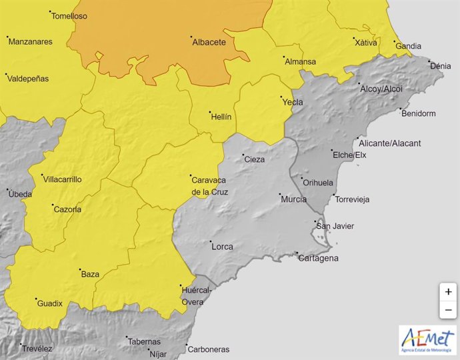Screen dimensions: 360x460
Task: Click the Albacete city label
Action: (209, 42)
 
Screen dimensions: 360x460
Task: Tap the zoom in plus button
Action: (449, 292)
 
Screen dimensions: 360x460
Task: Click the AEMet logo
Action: (427, 339)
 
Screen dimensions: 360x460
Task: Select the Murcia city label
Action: (293, 199)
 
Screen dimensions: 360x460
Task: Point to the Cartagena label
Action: (319, 258)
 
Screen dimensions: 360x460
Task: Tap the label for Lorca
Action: (222, 247)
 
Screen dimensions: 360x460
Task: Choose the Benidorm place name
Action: (418, 113)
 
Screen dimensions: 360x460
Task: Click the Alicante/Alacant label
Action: (389, 143)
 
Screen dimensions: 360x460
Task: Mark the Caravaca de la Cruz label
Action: (209, 187)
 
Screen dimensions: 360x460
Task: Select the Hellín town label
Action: (221, 117)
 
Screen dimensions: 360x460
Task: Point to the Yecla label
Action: (292, 102)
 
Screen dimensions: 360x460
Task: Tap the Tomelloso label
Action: (69, 15)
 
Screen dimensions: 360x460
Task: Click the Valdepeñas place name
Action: (28, 79)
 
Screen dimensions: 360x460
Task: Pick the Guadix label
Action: (49, 303)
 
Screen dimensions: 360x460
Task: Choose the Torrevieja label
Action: (352, 199)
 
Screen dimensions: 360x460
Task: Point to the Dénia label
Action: (440, 66)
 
